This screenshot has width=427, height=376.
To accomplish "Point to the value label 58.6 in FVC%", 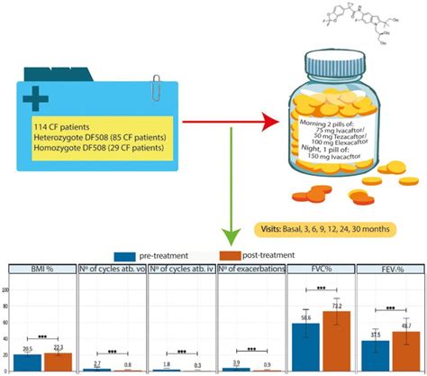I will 306,317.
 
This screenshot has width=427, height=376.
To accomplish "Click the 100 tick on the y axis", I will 6,290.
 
